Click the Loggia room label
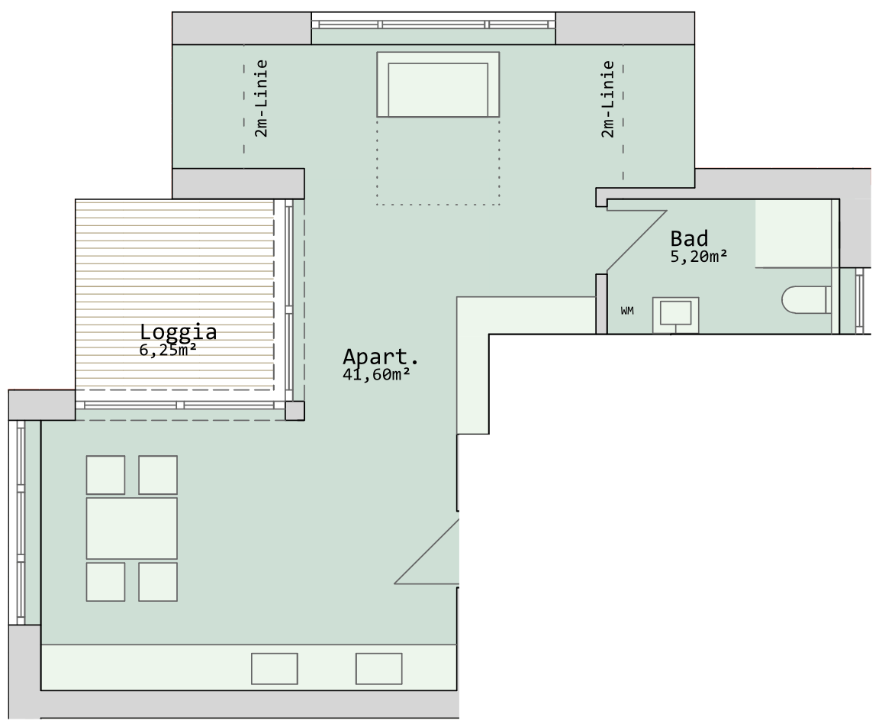click(179, 331)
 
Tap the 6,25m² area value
click(168, 350)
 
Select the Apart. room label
click(380, 357)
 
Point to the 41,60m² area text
click(375, 374)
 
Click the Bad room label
click(689, 238)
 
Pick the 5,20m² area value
click(699, 257)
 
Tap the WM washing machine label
click(627, 310)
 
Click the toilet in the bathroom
click(806, 299)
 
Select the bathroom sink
click(675, 315)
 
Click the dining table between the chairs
click(132, 528)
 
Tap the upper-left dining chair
click(105, 475)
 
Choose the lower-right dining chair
click(158, 582)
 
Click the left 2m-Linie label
click(261, 99)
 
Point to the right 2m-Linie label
click(607, 99)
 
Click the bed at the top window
click(438, 85)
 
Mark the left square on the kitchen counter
click(275, 668)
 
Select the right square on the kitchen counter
click(379, 668)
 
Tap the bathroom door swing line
click(637, 242)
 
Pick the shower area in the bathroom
click(793, 233)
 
